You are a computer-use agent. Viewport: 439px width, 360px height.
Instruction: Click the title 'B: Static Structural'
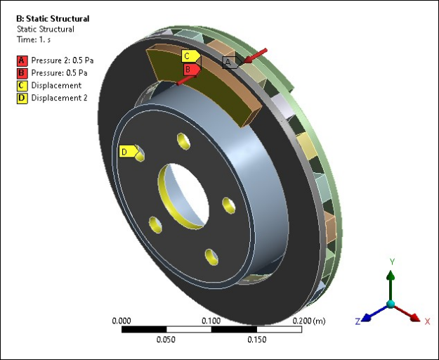[x=53, y=18]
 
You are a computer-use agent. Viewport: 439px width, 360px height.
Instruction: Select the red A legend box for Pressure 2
[x=22, y=60]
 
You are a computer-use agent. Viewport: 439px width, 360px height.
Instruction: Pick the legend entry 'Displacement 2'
[x=59, y=98]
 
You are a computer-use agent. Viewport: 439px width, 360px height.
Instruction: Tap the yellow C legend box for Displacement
[x=22, y=85]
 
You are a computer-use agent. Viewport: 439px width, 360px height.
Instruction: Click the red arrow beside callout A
[x=256, y=55]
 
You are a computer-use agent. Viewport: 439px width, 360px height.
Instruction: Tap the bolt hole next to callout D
[x=140, y=153]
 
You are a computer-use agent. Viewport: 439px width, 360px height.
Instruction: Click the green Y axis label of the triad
[x=392, y=262]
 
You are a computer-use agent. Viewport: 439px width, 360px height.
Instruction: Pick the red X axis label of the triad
[x=426, y=321]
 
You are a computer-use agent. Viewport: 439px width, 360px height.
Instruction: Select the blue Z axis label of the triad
[x=358, y=321]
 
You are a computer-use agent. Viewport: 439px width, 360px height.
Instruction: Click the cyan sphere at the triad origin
[x=391, y=304]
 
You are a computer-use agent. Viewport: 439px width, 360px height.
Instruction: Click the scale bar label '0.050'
[x=166, y=339]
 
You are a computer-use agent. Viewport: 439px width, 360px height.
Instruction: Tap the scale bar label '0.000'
[x=122, y=321]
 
